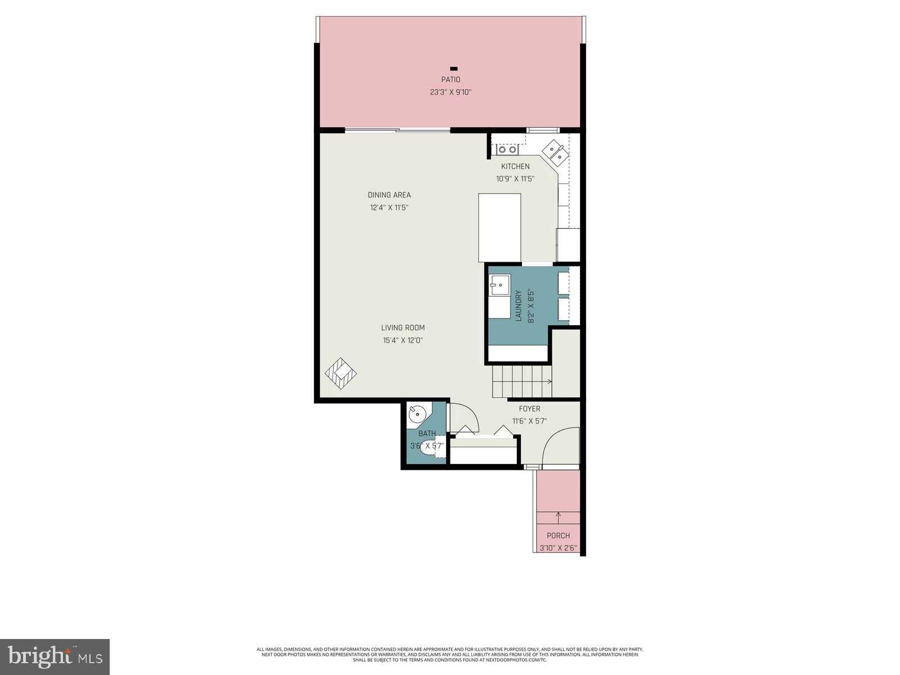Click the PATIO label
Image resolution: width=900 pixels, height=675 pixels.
[450, 80]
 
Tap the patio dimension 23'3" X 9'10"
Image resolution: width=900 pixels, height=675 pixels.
[450, 92]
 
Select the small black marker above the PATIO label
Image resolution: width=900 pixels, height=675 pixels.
[454, 69]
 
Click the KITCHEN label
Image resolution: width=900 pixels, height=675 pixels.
[515, 166]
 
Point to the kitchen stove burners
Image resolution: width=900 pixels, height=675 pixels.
[507, 150]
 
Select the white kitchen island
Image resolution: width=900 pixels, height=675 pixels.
[499, 227]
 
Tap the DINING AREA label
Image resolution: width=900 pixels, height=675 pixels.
[389, 195]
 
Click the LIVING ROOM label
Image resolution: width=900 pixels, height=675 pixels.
[403, 328]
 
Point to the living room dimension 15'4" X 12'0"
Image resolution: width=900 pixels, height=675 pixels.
[403, 340]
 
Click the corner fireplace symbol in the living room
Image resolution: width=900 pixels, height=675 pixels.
[341, 373]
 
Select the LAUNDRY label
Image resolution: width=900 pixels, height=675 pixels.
[519, 306]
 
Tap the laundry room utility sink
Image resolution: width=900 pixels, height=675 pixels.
[499, 285]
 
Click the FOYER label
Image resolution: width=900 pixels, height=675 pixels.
[529, 409]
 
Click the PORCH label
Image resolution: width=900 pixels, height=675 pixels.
[558, 535]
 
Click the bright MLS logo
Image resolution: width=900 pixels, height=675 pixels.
[55, 656]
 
